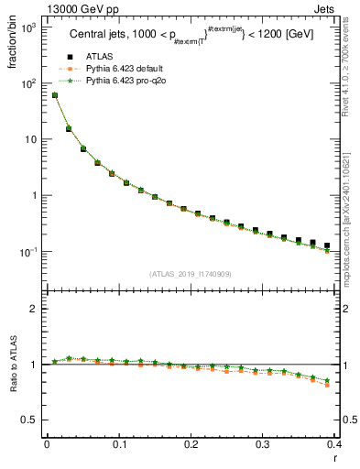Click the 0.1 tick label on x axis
(118, 445)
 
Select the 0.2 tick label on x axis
(191, 445)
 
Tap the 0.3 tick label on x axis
(263, 445)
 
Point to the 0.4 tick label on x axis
(334, 445)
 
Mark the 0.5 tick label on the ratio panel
(31, 420)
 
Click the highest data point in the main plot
(55, 95)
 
